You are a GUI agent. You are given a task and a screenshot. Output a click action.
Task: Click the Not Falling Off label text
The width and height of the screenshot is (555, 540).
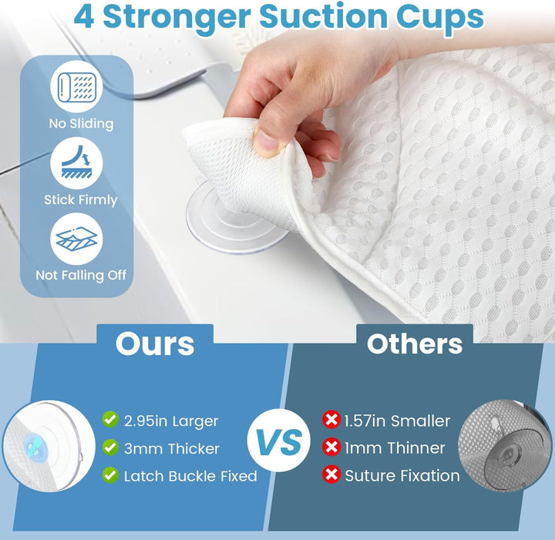click(81, 275)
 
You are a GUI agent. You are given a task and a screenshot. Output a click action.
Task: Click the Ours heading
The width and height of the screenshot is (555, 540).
click(155, 344)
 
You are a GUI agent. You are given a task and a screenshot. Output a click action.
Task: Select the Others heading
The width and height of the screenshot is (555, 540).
click(415, 344)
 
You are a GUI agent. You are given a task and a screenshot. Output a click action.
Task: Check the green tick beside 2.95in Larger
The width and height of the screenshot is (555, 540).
click(110, 420)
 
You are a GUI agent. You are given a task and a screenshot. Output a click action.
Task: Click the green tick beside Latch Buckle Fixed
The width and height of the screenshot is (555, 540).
click(110, 475)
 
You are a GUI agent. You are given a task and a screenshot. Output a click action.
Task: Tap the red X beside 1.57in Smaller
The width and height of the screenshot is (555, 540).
click(331, 420)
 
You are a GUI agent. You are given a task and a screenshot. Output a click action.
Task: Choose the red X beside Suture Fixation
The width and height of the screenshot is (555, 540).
click(331, 475)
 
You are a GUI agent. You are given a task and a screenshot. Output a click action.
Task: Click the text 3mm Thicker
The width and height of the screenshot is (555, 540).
click(171, 448)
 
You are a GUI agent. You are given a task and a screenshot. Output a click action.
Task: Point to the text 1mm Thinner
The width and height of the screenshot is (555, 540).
click(395, 448)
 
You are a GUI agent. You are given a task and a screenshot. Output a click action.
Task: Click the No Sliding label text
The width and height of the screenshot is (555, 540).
click(80, 123)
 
